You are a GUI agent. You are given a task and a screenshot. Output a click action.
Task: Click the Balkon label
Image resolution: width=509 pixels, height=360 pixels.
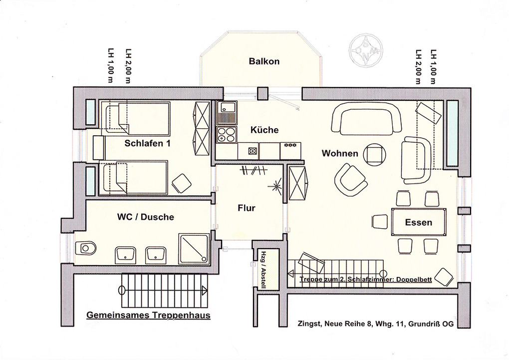pos(264,61)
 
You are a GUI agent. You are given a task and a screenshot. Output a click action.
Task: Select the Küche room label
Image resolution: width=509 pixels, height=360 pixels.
pos(264,130)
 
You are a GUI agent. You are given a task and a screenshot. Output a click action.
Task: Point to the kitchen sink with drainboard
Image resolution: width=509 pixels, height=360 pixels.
pos(227,113)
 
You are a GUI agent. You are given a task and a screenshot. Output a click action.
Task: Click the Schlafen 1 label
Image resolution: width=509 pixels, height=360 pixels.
pos(148,143)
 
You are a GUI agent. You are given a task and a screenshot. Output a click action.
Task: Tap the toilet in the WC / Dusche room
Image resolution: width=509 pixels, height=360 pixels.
pos(85,248)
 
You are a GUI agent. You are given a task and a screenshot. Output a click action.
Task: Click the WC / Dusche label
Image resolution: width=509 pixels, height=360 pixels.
pos(145,217)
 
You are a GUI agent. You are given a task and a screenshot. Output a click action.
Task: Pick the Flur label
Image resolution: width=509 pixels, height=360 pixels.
pos(247,208)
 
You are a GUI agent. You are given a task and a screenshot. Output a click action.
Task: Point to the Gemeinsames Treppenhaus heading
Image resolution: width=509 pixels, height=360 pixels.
pos(148,315)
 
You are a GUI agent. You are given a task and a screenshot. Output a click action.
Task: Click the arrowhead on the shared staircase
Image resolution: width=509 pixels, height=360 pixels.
pos(204,290)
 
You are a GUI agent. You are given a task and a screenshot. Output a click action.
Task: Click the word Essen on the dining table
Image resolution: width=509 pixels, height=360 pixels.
pos(419,223)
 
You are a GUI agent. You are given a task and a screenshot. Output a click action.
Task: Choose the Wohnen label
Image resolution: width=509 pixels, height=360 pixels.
pos(340,153)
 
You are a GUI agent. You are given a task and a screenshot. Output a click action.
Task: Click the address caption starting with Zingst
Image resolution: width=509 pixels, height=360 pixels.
pos(376,324)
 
